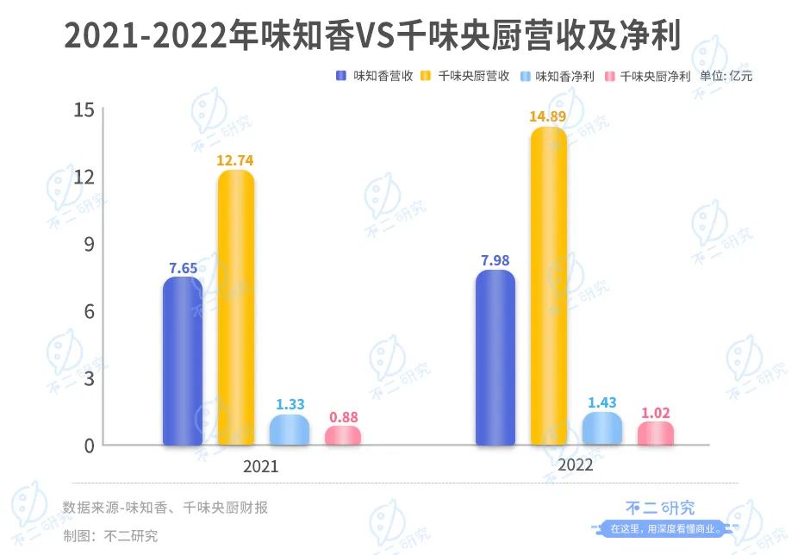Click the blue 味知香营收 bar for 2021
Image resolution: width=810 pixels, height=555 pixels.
(183, 362)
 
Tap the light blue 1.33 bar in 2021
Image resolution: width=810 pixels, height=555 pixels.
(289, 430)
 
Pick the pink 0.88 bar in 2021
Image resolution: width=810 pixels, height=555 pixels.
(343, 435)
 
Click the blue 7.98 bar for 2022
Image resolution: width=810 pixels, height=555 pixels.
(495, 359)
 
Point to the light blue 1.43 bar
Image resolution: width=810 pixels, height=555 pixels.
(601, 428)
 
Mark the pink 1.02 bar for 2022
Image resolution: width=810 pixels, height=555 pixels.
(656, 433)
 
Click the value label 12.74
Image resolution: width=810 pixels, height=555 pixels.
(235, 159)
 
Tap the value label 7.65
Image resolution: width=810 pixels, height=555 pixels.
(183, 267)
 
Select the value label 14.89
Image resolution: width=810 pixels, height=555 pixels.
(548, 116)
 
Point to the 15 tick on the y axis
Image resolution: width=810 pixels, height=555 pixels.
(84, 110)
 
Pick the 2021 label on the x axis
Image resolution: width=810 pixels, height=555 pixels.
(262, 466)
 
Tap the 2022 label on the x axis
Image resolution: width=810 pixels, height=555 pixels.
(575, 466)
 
